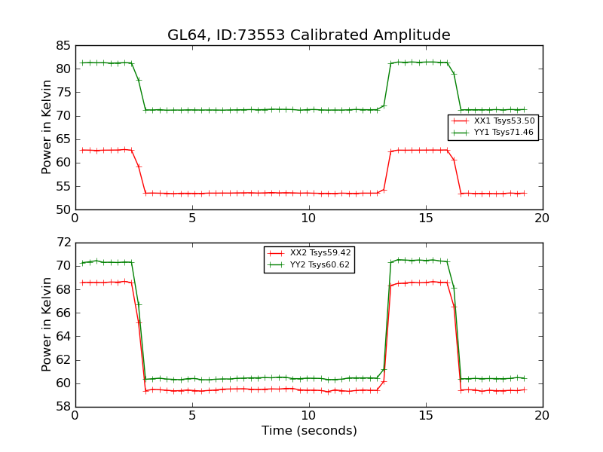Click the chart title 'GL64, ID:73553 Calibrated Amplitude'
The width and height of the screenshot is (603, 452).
point(309,35)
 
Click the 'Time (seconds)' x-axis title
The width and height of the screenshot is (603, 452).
point(309,431)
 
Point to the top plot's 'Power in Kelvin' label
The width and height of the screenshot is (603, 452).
point(47,127)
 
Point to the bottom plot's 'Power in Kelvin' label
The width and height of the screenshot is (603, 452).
point(47,325)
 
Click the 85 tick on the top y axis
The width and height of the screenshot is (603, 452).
point(63,45)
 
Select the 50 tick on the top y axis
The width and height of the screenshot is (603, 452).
point(63,209)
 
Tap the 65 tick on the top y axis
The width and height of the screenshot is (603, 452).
point(63,139)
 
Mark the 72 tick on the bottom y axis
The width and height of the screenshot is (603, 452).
point(63,243)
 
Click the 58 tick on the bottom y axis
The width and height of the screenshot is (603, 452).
point(63,407)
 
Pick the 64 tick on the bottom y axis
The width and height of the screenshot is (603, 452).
point(63,337)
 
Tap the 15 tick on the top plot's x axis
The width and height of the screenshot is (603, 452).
point(425,218)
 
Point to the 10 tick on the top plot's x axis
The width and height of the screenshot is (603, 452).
point(309,218)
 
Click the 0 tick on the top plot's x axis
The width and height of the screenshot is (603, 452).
point(75,218)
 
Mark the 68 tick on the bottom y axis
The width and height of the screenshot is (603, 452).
point(63,289)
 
